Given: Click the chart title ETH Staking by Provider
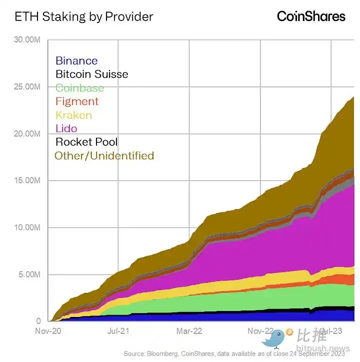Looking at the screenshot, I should point(84,17).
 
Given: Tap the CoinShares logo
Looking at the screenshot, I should point(311,17).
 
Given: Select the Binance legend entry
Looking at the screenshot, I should point(76,61).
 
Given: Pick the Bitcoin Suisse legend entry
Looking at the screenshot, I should point(91,74).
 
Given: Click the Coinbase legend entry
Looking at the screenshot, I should point(79,88).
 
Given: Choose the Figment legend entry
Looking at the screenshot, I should point(76,101).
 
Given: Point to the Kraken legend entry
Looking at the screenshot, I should point(73,115).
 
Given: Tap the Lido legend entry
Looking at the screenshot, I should point(66,128).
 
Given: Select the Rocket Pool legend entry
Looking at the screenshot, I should point(86,142).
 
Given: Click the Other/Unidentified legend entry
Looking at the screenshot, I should point(104,155).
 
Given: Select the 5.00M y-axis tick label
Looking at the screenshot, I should point(28,274).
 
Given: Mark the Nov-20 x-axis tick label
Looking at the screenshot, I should point(48,331).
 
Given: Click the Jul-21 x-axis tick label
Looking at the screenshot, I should point(119,331).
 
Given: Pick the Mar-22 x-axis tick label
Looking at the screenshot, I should point(189,331).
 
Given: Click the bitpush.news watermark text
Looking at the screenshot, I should point(322,348).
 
